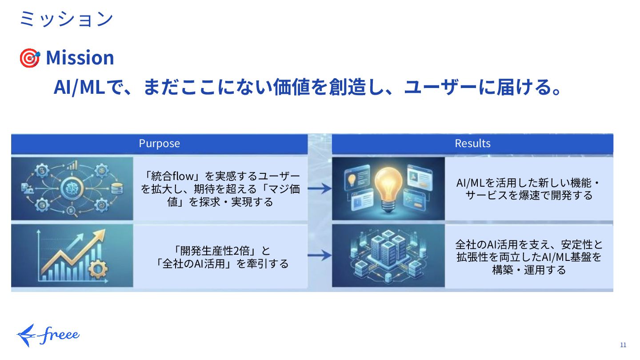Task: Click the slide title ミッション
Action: (x=66, y=19)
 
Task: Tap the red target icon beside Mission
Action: (x=29, y=58)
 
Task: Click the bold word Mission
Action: (x=80, y=58)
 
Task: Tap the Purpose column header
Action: (x=159, y=144)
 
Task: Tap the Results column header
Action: (x=472, y=144)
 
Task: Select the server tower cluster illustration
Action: (x=388, y=256)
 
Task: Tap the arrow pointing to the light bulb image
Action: (x=320, y=189)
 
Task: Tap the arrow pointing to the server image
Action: (x=320, y=256)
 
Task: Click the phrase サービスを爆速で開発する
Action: (x=529, y=195)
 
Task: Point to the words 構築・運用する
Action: (x=529, y=270)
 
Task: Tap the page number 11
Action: (x=623, y=345)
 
